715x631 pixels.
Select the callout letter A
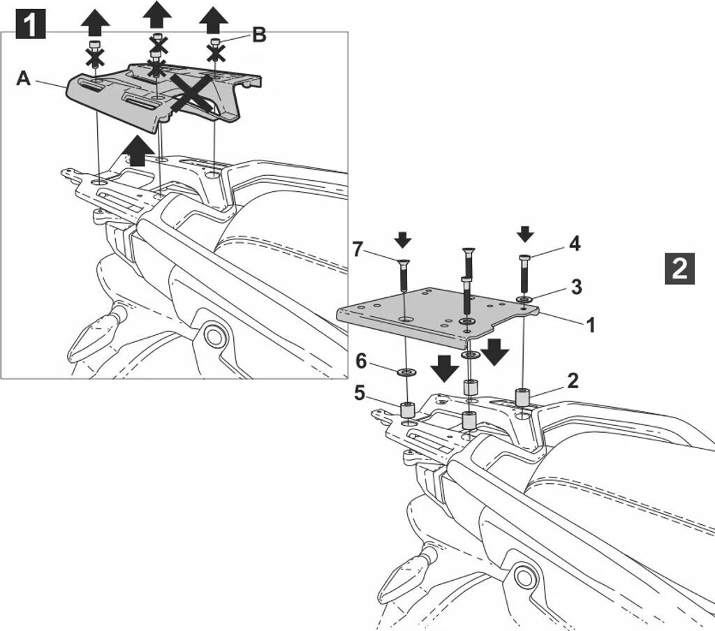(24, 79)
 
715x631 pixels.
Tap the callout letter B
(258, 35)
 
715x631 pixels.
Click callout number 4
(574, 244)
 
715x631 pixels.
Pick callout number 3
(575, 287)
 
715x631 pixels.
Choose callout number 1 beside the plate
(591, 325)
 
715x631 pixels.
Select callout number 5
(360, 393)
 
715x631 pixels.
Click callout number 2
(573, 380)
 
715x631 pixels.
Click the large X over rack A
(190, 95)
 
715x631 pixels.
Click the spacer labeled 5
(407, 410)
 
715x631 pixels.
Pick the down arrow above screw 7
(403, 240)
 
